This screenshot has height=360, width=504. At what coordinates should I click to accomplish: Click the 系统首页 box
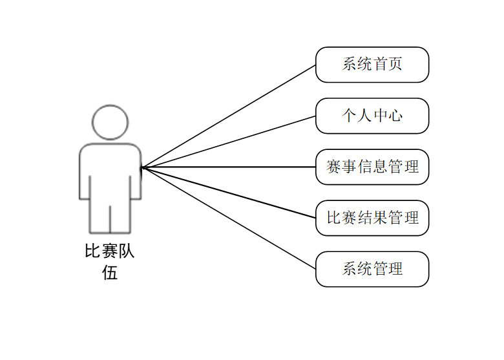click(372, 65)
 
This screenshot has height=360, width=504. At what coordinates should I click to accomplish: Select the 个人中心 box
click(372, 116)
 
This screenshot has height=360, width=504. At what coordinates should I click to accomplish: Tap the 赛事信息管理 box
click(372, 167)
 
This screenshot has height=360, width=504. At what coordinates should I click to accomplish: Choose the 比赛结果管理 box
click(372, 218)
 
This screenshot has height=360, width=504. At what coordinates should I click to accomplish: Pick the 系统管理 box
click(372, 269)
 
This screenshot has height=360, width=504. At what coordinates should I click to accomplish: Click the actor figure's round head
click(110, 122)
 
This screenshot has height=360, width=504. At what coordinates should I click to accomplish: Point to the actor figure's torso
click(110, 171)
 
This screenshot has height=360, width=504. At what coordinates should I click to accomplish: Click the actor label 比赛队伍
click(110, 261)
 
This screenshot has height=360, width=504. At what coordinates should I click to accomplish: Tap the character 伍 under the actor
click(110, 273)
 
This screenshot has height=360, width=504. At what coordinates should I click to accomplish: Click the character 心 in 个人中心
click(395, 116)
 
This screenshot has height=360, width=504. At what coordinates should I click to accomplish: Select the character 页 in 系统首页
click(395, 65)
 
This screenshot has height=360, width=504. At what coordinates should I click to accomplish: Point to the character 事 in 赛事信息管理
click(350, 167)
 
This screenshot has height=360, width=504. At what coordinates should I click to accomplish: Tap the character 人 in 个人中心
click(365, 116)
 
